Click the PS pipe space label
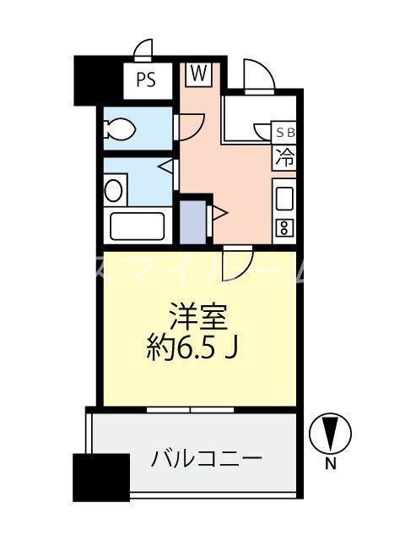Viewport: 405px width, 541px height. [146, 81]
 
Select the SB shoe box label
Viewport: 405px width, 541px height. [286, 133]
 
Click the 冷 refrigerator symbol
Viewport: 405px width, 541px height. [286, 156]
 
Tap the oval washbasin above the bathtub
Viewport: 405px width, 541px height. [113, 189]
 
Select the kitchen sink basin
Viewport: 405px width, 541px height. [285, 198]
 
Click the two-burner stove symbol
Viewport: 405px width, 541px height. [284, 226]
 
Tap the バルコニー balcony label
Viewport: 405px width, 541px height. [208, 460]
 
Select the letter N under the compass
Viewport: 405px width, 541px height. [332, 462]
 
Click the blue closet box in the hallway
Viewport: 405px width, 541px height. [193, 219]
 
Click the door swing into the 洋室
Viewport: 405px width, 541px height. [239, 261]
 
